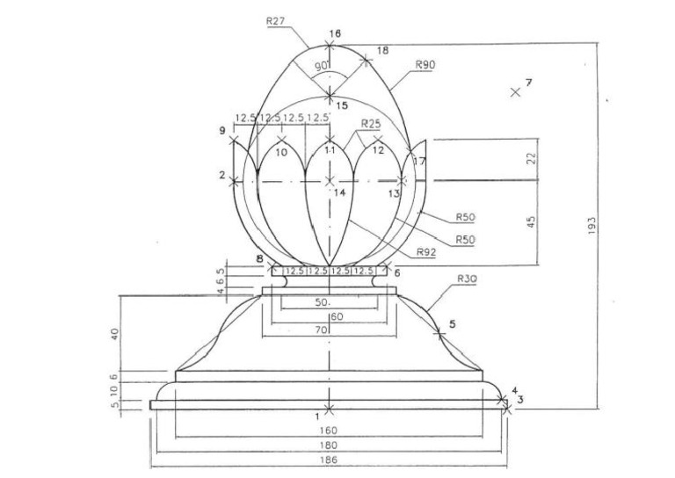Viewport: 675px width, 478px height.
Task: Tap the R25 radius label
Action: point(370,125)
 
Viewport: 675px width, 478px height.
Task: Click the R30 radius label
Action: point(468,279)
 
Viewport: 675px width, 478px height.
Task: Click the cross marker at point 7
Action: point(515,92)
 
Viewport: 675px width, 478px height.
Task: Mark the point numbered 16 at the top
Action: point(329,45)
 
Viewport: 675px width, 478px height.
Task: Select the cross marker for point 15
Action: point(329,94)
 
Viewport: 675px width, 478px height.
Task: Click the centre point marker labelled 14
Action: point(329,181)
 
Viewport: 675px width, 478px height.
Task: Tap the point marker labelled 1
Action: point(329,409)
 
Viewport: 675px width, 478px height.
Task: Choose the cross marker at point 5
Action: point(439,333)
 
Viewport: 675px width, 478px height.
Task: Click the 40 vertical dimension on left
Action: point(115,334)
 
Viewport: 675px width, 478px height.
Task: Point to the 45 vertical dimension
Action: point(531,222)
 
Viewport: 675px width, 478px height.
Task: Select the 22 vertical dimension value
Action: point(531,158)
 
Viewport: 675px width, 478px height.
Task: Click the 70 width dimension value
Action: point(323,330)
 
